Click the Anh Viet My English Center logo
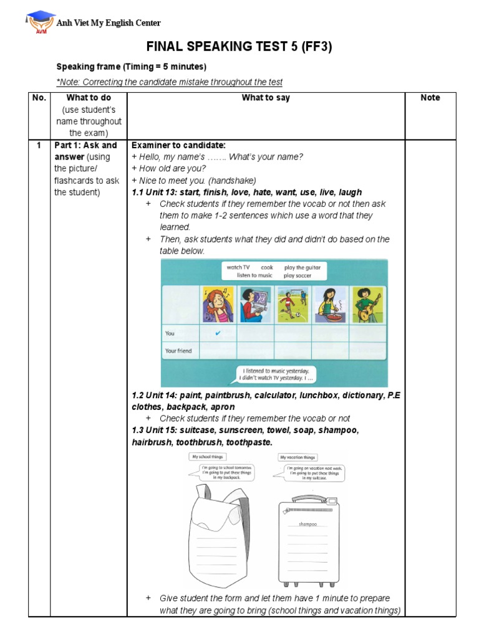pyautogui.click(x=39, y=22)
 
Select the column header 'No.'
pyautogui.click(x=38, y=98)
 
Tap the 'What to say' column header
pyautogui.click(x=266, y=98)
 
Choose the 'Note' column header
pyautogui.click(x=430, y=98)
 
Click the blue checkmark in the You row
pyautogui.click(x=218, y=333)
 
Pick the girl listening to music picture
pyautogui.click(x=218, y=305)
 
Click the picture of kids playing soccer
pyautogui.click(x=293, y=305)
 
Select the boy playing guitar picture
pyautogui.click(x=367, y=305)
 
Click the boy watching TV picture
pyautogui.click(x=255, y=305)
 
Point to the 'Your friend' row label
pyautogui.click(x=178, y=351)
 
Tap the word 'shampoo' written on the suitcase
pyautogui.click(x=308, y=524)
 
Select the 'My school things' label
pyautogui.click(x=208, y=457)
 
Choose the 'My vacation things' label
pyautogui.click(x=298, y=457)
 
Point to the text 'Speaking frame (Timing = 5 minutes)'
pyautogui.click(x=132, y=67)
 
